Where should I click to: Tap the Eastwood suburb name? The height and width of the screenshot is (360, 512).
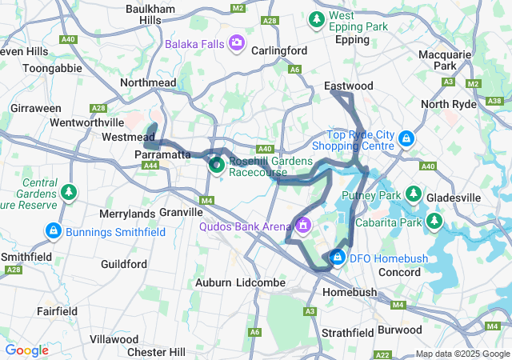(348, 86)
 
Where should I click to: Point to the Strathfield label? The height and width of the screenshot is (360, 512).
(350, 332)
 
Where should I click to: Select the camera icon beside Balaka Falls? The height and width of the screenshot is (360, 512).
(236, 42)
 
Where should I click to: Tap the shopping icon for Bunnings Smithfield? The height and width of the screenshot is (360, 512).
(53, 232)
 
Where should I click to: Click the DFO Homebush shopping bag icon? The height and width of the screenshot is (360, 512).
(338, 258)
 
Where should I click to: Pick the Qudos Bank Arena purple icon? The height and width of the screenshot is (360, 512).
(302, 226)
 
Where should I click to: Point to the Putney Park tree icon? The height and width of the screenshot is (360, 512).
(413, 194)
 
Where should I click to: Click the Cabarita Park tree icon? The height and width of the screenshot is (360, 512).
(434, 220)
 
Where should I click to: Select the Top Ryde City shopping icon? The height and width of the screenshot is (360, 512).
(406, 139)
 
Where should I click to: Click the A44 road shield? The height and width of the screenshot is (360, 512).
(149, 165)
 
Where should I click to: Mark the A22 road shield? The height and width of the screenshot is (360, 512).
(382, 354)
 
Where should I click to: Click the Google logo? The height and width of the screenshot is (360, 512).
(26, 350)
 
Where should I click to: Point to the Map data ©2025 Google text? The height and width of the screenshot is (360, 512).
(462, 354)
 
